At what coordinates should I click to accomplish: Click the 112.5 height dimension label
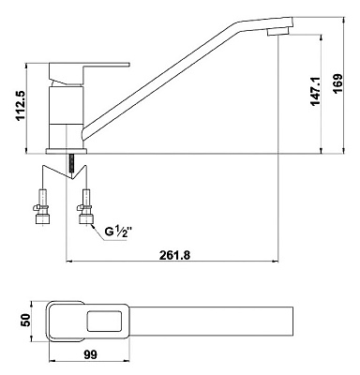click(x=21, y=106)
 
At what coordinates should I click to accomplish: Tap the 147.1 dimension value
click(x=315, y=91)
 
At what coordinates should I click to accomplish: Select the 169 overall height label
click(x=337, y=83)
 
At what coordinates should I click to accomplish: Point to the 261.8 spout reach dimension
click(x=174, y=255)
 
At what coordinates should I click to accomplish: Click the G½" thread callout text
click(x=117, y=232)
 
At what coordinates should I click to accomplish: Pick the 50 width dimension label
click(x=26, y=320)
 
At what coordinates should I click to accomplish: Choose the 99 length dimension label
click(x=91, y=354)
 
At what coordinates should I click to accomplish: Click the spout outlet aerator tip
click(x=278, y=32)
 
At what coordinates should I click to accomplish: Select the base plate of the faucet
click(x=67, y=151)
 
